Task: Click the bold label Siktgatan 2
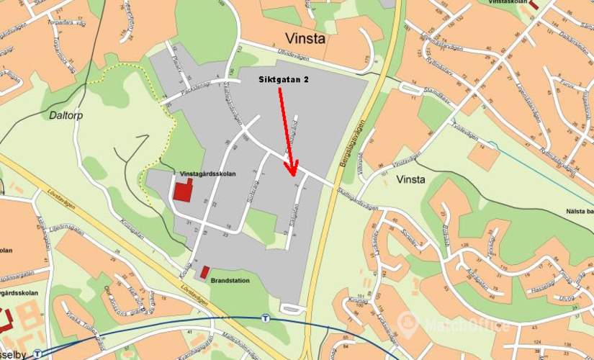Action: tap(284, 80)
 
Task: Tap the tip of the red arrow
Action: tap(292, 174)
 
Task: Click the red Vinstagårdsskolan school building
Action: tap(183, 192)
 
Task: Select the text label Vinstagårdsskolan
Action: tap(208, 174)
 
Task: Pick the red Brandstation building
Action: tap(204, 273)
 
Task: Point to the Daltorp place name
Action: tap(67, 114)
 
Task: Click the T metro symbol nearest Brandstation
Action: tap(266, 318)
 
